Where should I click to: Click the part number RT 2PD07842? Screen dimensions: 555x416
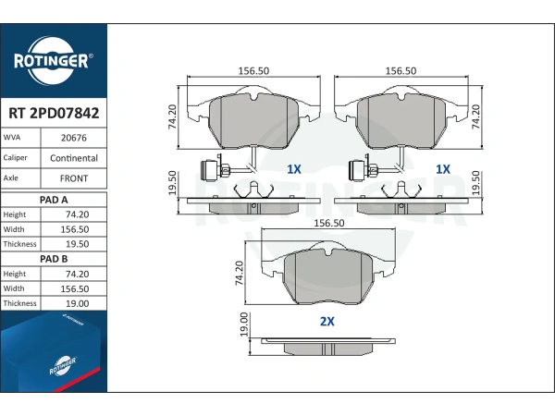click(54, 113)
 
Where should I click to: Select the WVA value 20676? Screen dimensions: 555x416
click(74, 138)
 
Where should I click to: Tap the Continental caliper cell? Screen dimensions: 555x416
click(74, 158)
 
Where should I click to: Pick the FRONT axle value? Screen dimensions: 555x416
click(74, 178)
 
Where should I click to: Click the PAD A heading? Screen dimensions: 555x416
click(54, 200)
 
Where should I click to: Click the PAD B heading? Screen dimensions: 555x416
click(54, 259)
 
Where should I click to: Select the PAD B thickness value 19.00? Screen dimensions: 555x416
click(77, 303)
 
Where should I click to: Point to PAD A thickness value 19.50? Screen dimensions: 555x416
click(77, 244)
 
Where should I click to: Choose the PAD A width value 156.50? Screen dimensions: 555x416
click(75, 229)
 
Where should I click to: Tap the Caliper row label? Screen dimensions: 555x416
click(15, 158)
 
